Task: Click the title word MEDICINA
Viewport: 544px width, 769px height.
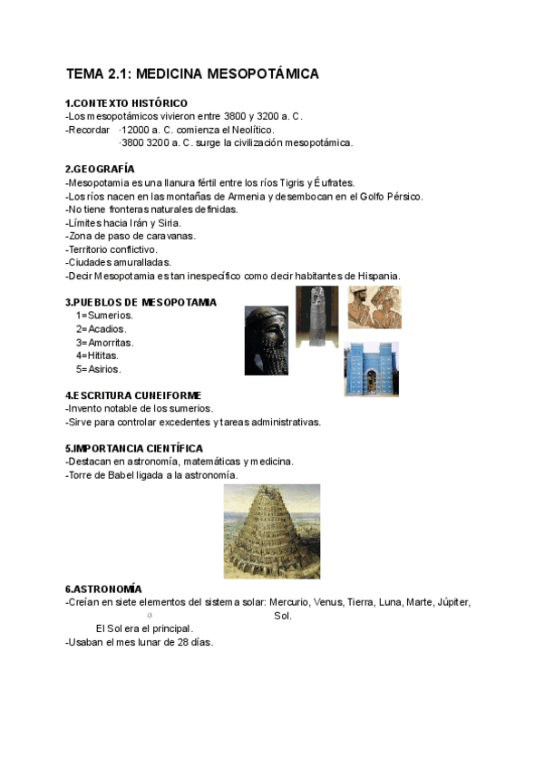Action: click(172, 73)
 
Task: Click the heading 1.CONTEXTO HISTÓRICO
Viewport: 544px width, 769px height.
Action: click(126, 103)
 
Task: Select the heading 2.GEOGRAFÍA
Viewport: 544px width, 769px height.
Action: click(100, 170)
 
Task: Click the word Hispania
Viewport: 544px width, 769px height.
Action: click(375, 276)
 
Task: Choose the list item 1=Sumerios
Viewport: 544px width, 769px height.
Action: click(104, 316)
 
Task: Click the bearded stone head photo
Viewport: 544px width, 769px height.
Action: click(266, 340)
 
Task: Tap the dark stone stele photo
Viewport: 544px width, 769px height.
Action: click(317, 316)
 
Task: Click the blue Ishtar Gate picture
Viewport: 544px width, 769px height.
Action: click(371, 368)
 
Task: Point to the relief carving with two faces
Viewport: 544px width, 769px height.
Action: click(374, 307)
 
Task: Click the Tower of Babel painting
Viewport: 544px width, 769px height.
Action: click(271, 531)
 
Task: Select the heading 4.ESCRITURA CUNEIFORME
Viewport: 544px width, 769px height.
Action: click(132, 395)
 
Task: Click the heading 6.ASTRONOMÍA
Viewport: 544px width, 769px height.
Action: click(103, 589)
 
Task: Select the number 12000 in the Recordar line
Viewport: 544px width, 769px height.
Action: click(135, 130)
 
